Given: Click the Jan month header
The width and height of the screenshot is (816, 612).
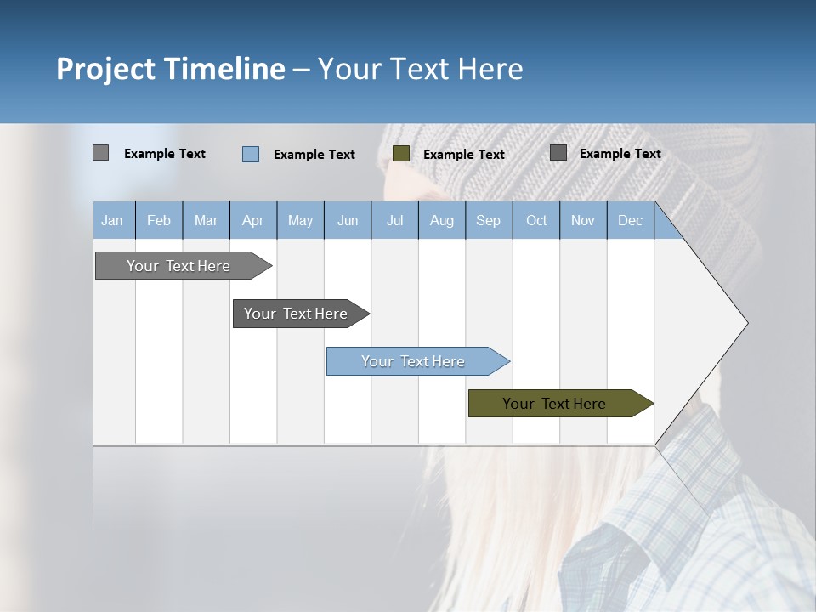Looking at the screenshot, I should (112, 220).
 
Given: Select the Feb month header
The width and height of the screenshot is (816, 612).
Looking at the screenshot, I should (159, 220).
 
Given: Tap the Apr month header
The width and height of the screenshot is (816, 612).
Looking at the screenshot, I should (252, 220).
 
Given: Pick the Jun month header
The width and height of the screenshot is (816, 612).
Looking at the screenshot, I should (348, 220).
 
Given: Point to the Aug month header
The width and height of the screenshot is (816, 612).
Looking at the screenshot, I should (441, 220).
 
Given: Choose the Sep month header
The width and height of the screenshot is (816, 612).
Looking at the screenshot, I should (488, 220).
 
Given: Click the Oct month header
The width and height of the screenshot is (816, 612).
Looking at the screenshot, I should (536, 220).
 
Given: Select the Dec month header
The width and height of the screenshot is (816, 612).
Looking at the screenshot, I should (630, 220).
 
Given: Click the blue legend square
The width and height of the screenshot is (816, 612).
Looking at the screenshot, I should (251, 154).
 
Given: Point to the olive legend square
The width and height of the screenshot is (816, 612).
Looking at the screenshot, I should (401, 154).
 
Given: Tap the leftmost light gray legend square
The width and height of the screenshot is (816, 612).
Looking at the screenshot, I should (101, 153).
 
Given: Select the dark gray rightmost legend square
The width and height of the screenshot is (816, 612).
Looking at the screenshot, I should (558, 153).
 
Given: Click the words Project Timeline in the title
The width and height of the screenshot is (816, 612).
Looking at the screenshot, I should (170, 69).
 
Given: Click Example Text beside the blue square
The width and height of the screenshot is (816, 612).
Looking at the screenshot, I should (314, 155).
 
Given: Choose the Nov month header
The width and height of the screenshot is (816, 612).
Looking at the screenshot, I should (583, 220).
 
